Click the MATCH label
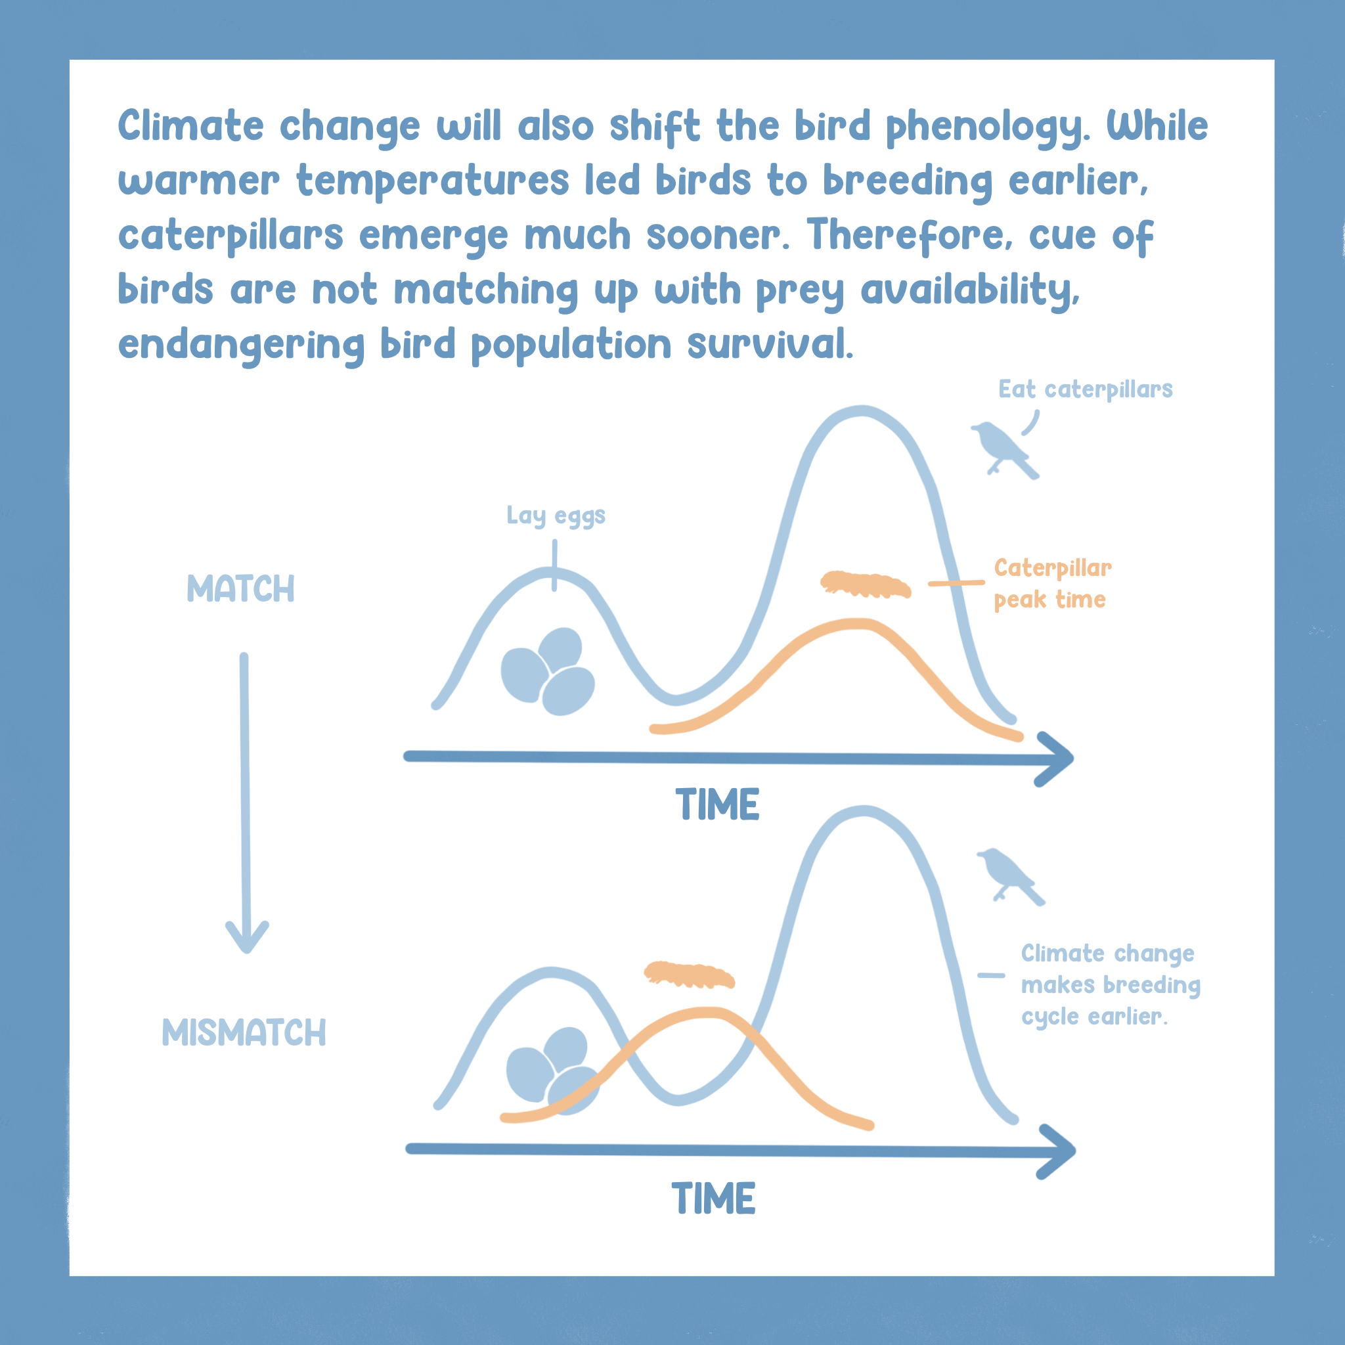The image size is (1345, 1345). point(241,589)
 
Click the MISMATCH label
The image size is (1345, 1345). point(244,1032)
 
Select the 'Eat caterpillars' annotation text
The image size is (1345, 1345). point(1085,390)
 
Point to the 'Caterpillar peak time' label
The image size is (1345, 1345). point(1052,583)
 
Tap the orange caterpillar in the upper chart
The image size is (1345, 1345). point(866,584)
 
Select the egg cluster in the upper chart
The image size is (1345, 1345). point(548,671)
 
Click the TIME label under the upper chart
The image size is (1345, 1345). point(717,805)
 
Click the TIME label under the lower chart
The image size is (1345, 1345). point(714,1199)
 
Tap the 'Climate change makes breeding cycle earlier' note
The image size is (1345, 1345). point(1111,985)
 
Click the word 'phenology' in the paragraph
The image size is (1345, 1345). point(985,128)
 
